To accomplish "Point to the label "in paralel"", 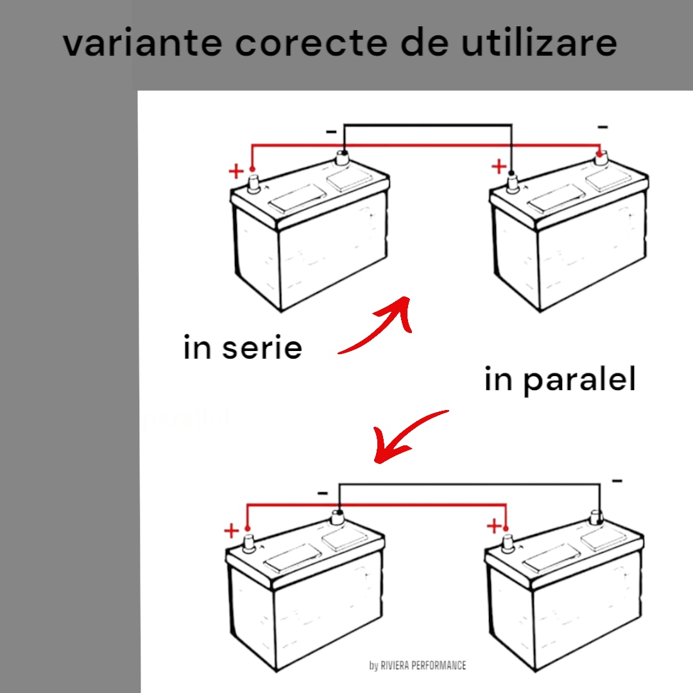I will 560,380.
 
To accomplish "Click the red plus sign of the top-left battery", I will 236,171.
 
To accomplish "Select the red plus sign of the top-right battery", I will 499,167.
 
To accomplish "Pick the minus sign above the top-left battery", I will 331,132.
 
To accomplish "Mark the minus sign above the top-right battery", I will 602,128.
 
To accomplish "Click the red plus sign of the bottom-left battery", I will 231,531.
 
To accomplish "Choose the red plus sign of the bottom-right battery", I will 493,527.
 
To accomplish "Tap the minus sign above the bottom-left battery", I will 323,493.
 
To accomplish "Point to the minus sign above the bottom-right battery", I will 617,481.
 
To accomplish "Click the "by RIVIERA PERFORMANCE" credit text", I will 418,665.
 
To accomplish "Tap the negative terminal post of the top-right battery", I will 600,157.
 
